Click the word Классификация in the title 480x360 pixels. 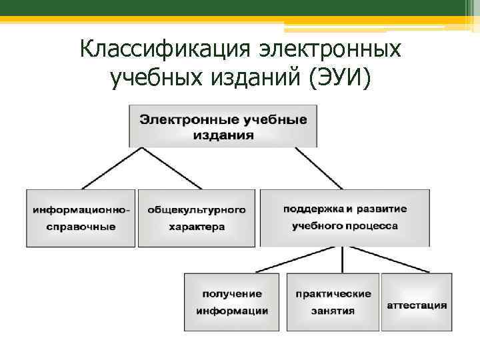(148, 50)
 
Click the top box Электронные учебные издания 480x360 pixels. (223, 126)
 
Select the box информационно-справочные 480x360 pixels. (81, 218)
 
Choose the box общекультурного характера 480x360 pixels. (196, 218)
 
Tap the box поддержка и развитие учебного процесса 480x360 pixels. (345, 218)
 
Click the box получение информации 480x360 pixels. (231, 302)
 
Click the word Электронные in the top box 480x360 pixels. (175, 120)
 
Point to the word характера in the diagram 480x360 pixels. (196, 227)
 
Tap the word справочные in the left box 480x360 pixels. (81, 227)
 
